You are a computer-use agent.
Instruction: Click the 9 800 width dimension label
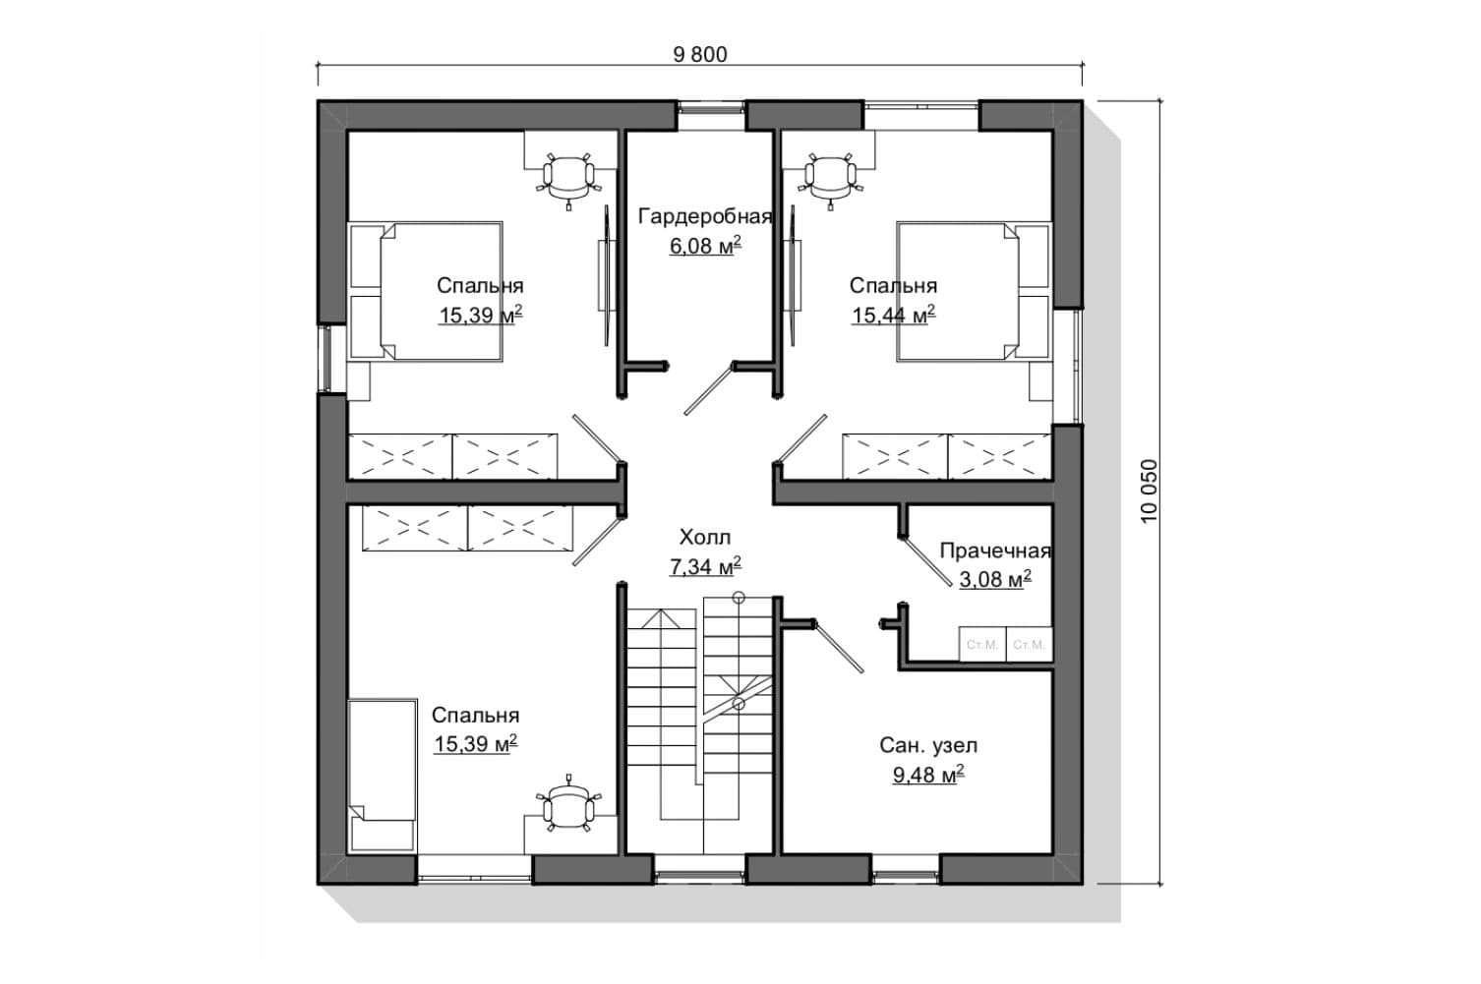click(x=699, y=55)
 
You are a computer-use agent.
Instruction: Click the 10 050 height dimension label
click(x=1150, y=492)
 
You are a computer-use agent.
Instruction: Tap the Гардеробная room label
click(x=705, y=217)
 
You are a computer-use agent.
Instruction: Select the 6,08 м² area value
click(x=705, y=245)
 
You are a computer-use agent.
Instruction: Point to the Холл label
click(x=705, y=538)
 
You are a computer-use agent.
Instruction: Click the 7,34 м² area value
click(x=705, y=566)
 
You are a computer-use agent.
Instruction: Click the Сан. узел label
click(x=928, y=745)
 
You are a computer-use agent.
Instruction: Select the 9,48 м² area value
click(x=928, y=775)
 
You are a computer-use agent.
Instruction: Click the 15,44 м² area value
click(x=893, y=315)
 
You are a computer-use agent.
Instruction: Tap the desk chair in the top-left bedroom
click(x=568, y=179)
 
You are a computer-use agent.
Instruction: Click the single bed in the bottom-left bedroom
click(x=383, y=775)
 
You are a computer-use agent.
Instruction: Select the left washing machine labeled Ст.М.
click(x=982, y=644)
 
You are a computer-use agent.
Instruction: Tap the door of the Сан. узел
click(x=839, y=647)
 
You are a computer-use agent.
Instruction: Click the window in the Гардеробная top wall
click(x=711, y=116)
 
